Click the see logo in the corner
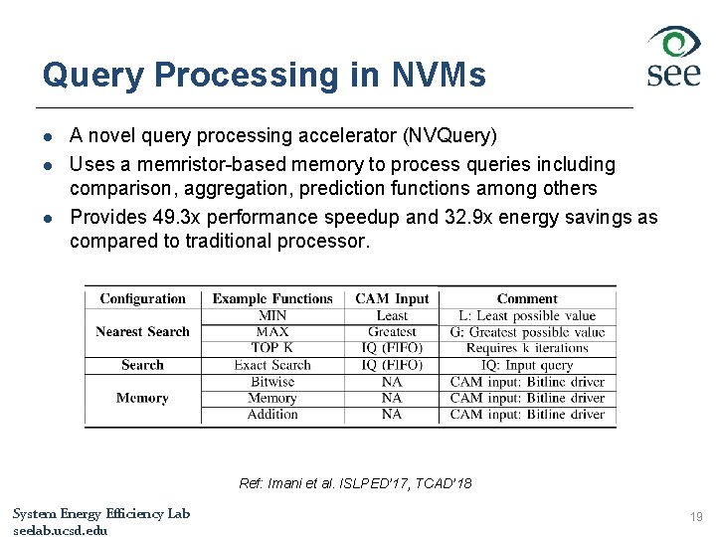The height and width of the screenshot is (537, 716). tap(674, 57)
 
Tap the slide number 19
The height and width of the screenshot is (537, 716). tap(695, 517)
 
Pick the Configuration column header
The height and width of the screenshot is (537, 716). tap(142, 298)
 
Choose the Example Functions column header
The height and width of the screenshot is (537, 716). tap(272, 298)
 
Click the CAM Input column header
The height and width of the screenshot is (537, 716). tap(392, 298)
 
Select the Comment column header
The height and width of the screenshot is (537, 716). tap(527, 298)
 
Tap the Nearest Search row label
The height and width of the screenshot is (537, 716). tap(142, 331)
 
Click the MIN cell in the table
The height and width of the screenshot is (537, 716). tap(272, 315)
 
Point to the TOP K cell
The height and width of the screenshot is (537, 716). tap(272, 348)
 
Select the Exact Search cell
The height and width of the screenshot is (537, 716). tap(272, 365)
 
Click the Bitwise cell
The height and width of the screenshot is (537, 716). tap(272, 382)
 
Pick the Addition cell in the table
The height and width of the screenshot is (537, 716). tap(272, 414)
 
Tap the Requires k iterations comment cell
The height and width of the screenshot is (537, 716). tap(527, 348)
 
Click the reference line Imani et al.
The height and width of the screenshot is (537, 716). tap(355, 483)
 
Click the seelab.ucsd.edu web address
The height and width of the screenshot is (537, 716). tap(60, 530)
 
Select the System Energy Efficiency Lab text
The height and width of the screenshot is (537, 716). tap(101, 513)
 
